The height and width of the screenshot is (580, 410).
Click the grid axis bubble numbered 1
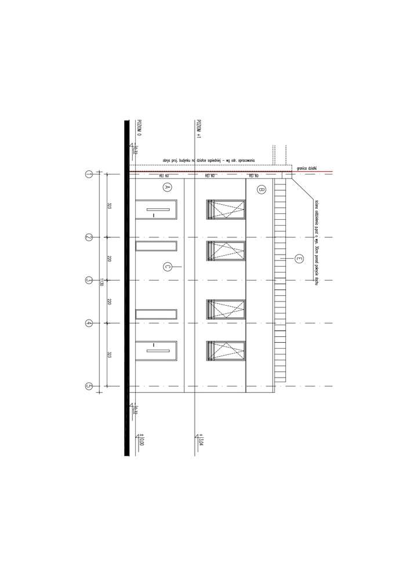[89, 173]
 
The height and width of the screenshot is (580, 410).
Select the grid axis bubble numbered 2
[89, 237]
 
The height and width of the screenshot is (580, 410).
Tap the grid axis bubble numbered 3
[89, 280]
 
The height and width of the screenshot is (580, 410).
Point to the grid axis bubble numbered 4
[89, 323]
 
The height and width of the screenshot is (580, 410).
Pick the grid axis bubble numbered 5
[89, 386]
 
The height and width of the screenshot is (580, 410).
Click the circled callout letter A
[166, 187]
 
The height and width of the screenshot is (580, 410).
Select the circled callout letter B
[261, 189]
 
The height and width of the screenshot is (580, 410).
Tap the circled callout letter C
[166, 266]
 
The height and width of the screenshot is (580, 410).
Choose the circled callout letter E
[299, 259]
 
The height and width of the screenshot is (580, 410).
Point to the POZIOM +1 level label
[198, 129]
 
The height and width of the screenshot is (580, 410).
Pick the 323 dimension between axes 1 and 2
[110, 205]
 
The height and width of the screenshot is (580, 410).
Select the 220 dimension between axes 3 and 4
[110, 302]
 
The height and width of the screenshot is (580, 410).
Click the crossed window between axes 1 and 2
[226, 209]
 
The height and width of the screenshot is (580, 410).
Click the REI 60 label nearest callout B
[253, 176]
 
